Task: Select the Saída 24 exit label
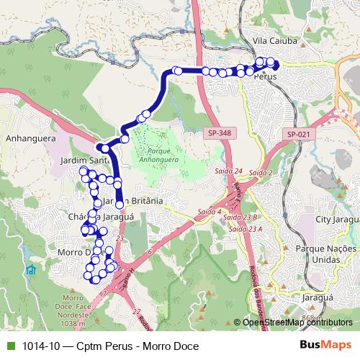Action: click(x=228, y=171)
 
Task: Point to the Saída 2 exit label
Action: click(x=260, y=174)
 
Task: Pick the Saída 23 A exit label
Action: click(x=243, y=228)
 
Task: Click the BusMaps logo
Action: click(x=325, y=345)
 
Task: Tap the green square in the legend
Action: click(x=9, y=345)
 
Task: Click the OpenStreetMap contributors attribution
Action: click(x=292, y=323)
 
